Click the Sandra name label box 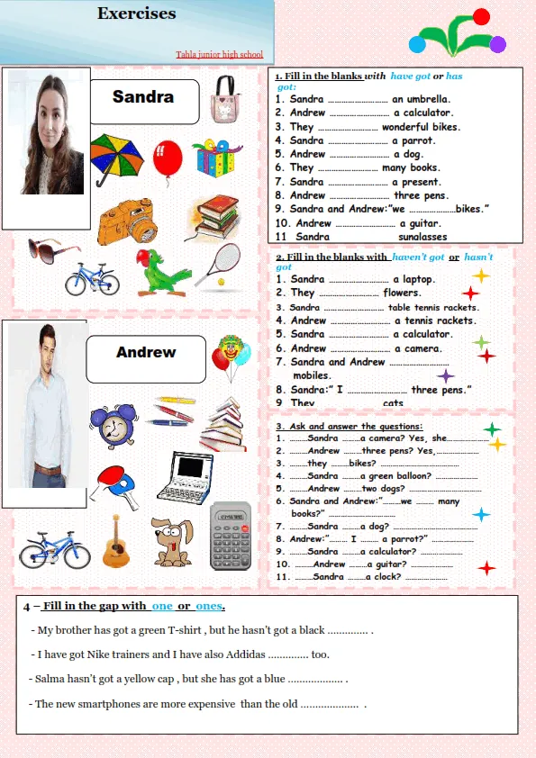[143, 100]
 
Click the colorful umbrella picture [118, 157]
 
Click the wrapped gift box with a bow [217, 159]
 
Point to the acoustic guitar [115, 541]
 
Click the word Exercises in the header [137, 14]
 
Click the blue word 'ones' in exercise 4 [208, 606]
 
